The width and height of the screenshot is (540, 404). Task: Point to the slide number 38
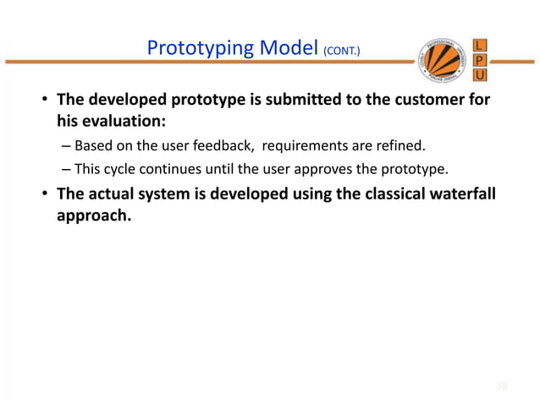click(x=501, y=386)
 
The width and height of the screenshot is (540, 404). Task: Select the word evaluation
click(x=119, y=121)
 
